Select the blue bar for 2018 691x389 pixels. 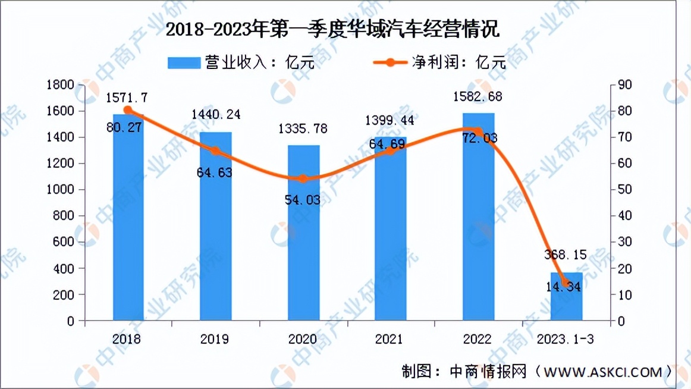point(128,226)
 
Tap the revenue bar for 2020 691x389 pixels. point(303,250)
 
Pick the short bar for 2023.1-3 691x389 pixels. point(566,300)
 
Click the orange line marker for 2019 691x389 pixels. point(216,152)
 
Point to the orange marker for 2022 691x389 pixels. point(478,131)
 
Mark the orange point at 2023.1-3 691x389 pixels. point(565,283)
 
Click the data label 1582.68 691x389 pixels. point(478,96)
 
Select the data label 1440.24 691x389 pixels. point(216,114)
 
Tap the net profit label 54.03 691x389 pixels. point(303,200)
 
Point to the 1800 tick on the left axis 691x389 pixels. point(62,85)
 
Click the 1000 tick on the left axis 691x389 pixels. point(62,190)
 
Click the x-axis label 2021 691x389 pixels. point(390,339)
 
